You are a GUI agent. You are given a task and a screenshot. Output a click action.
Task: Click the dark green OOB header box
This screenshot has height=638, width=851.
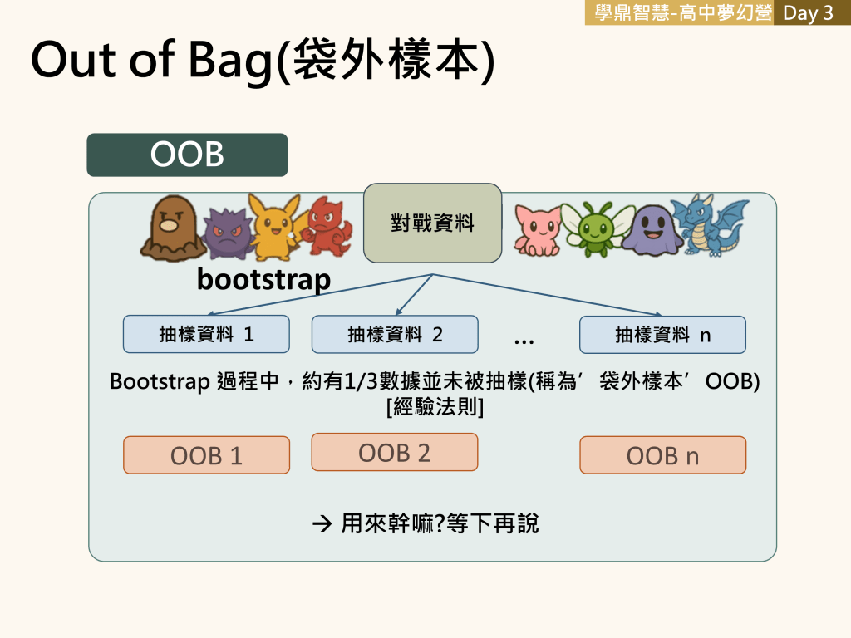[x=187, y=155]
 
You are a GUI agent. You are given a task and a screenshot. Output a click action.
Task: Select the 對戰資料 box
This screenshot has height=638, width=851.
[x=432, y=223]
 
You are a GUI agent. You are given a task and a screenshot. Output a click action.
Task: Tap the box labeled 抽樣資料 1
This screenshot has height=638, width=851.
[x=206, y=334]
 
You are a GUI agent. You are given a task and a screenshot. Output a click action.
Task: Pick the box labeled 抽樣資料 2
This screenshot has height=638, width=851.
[x=395, y=334]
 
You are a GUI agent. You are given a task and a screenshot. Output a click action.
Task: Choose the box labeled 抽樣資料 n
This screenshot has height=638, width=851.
[x=662, y=335]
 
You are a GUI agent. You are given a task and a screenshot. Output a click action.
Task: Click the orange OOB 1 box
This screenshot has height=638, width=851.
[x=206, y=455]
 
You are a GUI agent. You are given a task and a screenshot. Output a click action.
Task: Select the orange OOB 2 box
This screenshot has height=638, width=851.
[x=395, y=452]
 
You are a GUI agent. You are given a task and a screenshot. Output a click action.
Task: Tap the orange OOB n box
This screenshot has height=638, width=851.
[x=662, y=455]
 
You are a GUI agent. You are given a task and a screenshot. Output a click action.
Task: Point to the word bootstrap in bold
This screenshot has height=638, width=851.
[x=263, y=280]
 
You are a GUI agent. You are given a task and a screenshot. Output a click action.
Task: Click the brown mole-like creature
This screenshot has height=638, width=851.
[x=173, y=228]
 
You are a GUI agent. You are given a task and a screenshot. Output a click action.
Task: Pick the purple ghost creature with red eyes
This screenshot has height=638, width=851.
[x=229, y=233]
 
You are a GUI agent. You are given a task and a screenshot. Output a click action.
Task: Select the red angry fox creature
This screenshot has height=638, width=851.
[x=327, y=227]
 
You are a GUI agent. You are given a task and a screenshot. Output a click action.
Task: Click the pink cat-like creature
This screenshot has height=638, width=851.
[x=538, y=230]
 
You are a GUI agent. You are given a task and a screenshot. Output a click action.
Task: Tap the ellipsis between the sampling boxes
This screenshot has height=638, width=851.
[x=524, y=341]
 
